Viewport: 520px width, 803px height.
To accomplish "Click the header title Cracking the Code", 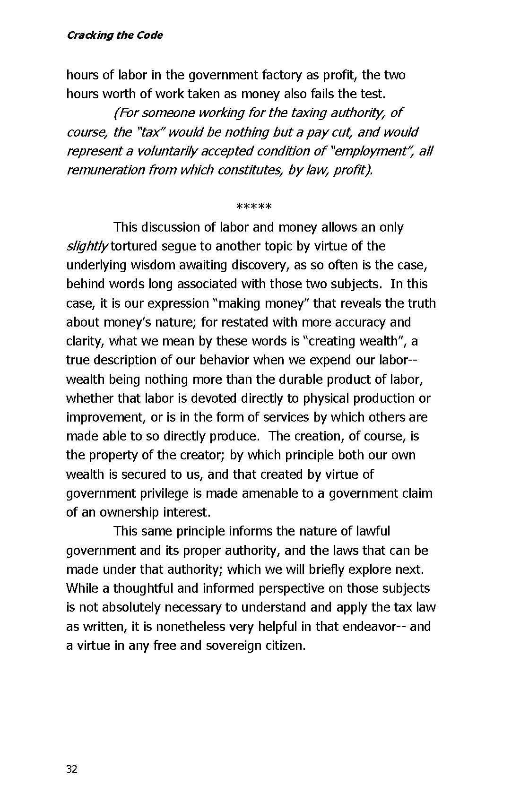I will (114, 35).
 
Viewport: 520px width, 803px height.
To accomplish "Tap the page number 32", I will (72, 769).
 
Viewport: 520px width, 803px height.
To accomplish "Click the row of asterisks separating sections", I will (254, 207).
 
